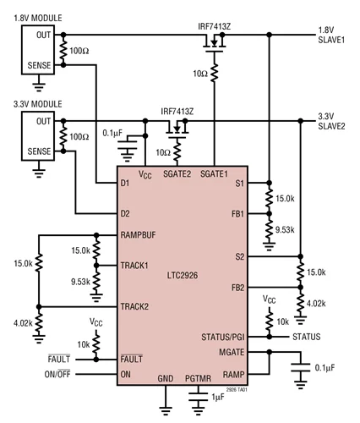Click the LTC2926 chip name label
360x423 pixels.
[x=183, y=275]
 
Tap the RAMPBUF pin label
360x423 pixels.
[x=138, y=235]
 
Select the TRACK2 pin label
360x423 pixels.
[x=134, y=306]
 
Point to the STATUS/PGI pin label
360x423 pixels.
[x=223, y=337]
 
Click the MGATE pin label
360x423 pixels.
[x=232, y=352]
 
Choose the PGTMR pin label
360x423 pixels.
[x=198, y=378]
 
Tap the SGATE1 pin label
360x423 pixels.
[x=214, y=173]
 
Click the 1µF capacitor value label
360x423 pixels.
[x=218, y=398]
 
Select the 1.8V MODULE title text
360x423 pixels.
[x=38, y=18]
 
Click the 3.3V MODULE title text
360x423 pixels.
[x=38, y=104]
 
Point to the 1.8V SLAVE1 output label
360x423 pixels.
[x=331, y=35]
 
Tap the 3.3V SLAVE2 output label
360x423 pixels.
[x=331, y=121]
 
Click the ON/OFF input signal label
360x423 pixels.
[x=57, y=374]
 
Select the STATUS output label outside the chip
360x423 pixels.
[x=307, y=337]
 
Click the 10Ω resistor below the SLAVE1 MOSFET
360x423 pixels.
[x=214, y=73]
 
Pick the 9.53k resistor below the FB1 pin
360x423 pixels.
[x=270, y=229]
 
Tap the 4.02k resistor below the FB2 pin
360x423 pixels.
[x=301, y=303]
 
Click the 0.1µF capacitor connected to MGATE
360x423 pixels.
[x=301, y=368]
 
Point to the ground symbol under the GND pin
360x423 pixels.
[x=166, y=411]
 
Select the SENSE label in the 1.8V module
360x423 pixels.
[x=39, y=65]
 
